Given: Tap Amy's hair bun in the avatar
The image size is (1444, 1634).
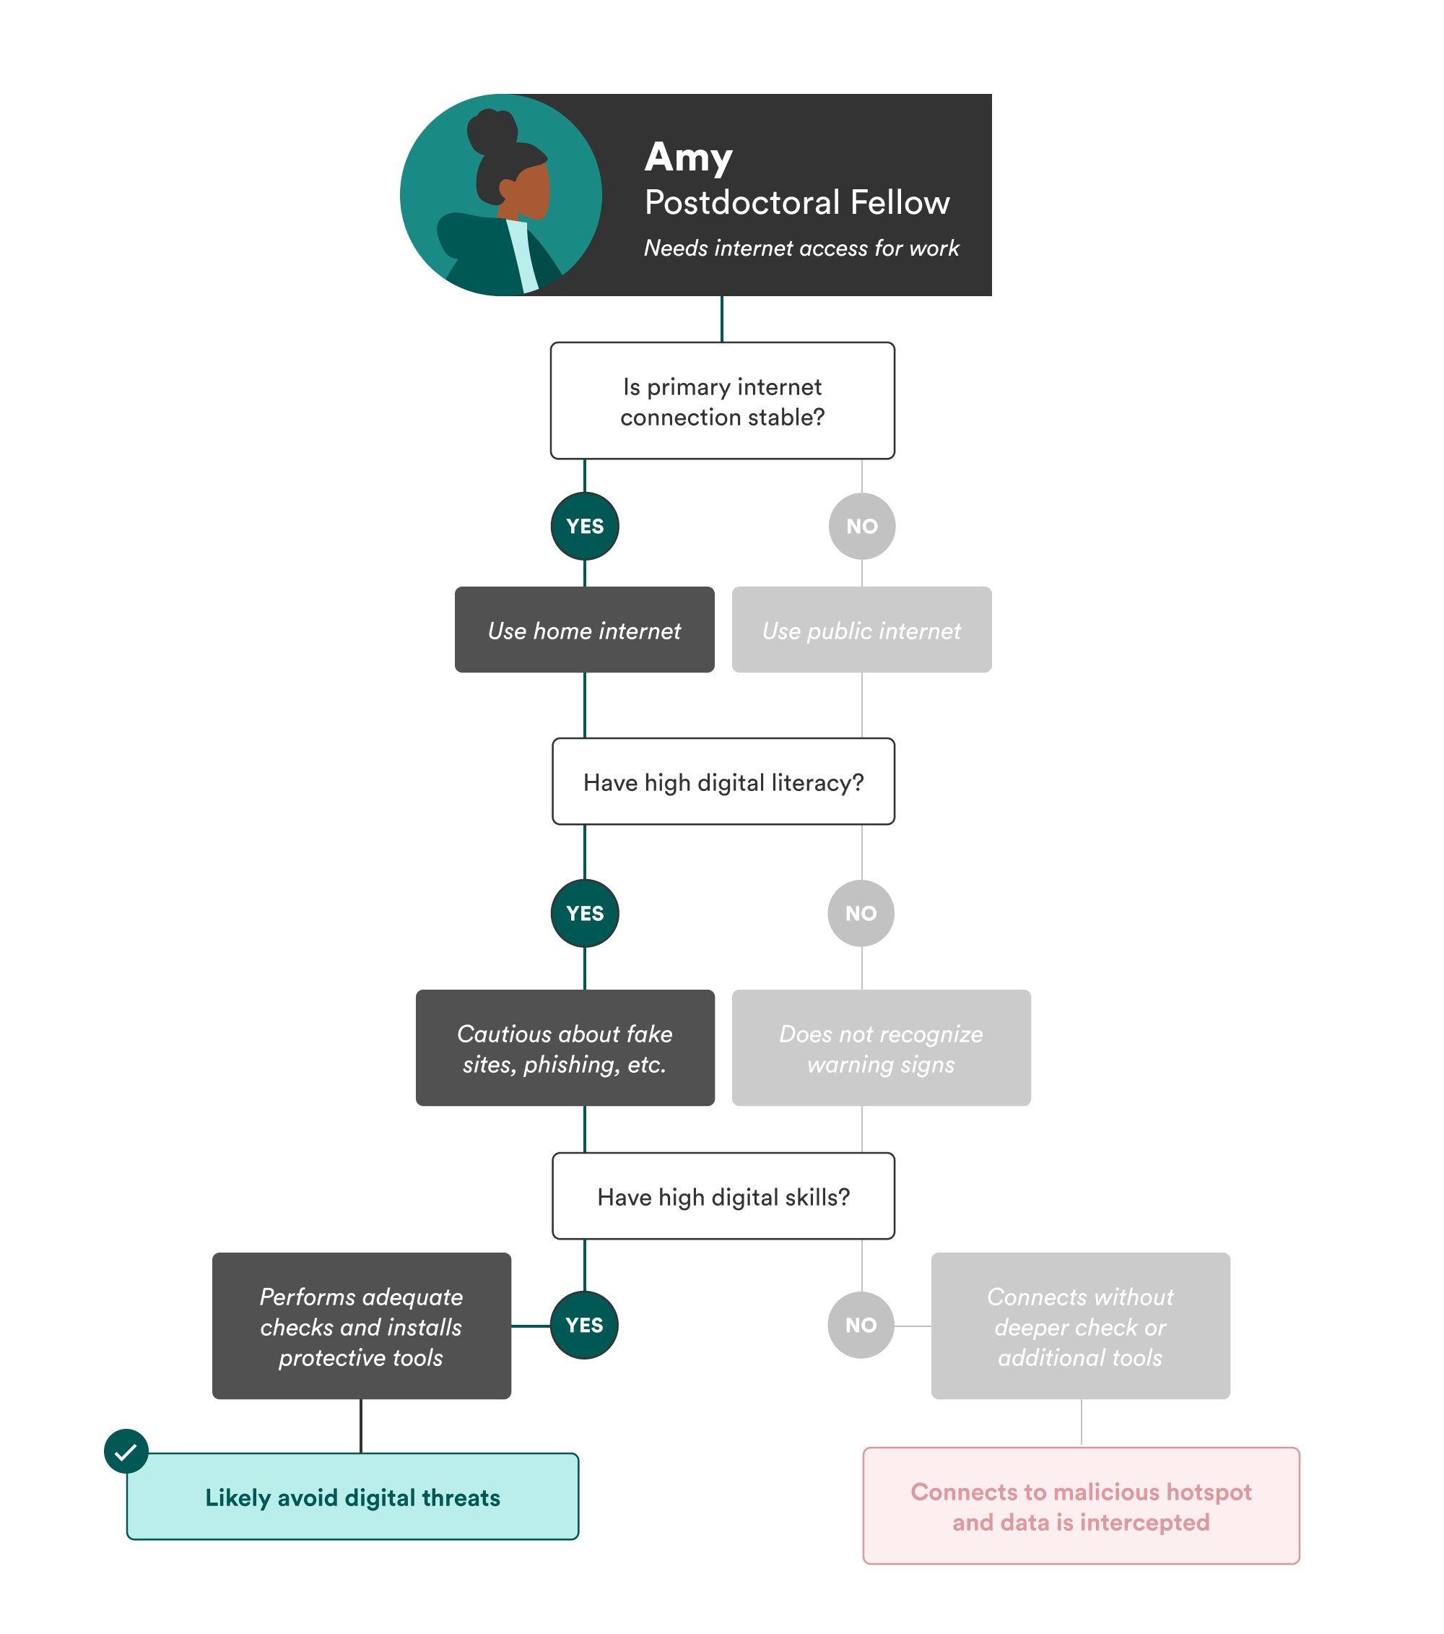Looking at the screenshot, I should coord(492,131).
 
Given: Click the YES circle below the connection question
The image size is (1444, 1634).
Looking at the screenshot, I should coord(584,526).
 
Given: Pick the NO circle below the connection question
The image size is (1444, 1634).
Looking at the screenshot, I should coord(861,526).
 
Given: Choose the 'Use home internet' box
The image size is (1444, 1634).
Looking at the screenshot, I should coord(584,630).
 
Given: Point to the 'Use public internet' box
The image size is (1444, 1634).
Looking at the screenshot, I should coord(861,630).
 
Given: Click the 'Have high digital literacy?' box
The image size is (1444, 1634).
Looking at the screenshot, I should coord(723,782).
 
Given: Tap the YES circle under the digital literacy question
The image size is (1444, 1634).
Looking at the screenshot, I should coord(584,913).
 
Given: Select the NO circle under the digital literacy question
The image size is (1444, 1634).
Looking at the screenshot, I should coord(861,913).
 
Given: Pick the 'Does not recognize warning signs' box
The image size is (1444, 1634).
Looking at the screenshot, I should coord(881,1048).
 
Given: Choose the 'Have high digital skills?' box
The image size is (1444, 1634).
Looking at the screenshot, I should coord(723,1196).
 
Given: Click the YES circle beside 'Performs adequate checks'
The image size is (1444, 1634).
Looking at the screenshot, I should coord(584,1325).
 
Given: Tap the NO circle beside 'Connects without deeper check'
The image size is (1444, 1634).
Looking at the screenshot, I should coord(861,1325).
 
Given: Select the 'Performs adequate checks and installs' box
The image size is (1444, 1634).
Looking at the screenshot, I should coord(361,1326).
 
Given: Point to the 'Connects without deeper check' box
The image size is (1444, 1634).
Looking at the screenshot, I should coord(1079,1326).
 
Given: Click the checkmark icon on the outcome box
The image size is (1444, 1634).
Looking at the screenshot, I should coord(126,1451).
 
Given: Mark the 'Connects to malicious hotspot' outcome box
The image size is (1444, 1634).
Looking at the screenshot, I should coord(1080,1506).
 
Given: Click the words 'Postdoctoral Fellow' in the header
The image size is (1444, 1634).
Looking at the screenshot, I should coord(796,202).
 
